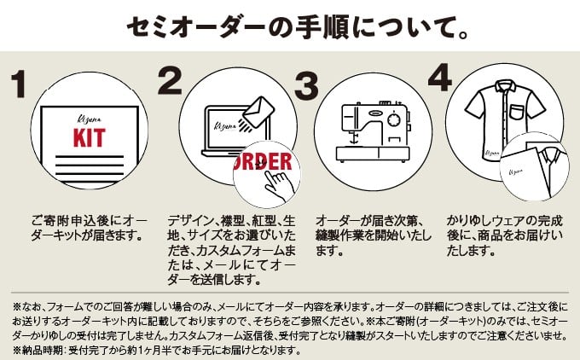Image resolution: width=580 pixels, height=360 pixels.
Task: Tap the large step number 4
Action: click(438, 78)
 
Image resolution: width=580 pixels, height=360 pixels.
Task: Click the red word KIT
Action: click(88, 137)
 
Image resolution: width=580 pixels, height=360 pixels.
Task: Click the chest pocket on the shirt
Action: click(519, 112)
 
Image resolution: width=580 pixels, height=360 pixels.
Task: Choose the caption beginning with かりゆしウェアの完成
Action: click(503, 234)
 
